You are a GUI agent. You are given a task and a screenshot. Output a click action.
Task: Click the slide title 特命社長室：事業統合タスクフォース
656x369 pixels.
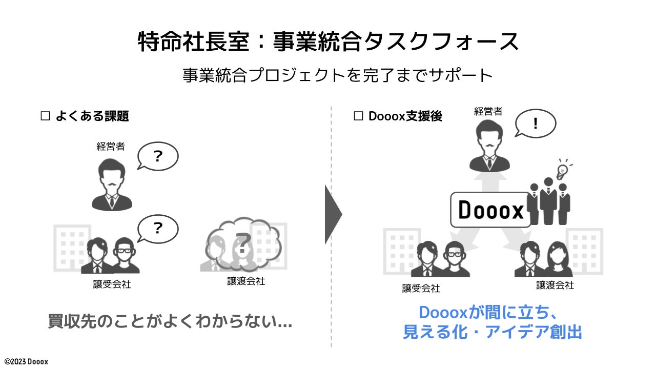point(328,42)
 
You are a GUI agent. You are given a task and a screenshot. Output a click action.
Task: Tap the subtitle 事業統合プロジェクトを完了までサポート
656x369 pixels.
point(337,76)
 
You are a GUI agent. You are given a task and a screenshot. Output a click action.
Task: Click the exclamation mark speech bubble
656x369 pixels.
point(535,124)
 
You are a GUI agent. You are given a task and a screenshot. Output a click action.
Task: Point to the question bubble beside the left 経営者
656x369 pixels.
point(157,156)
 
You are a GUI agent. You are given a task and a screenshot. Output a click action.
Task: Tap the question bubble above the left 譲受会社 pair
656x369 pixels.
point(157,229)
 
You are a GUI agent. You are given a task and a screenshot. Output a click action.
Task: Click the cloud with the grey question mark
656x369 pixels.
point(243,245)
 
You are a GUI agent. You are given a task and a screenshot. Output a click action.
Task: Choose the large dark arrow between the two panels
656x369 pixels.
point(333,214)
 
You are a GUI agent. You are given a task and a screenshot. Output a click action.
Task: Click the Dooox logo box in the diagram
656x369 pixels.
point(490,210)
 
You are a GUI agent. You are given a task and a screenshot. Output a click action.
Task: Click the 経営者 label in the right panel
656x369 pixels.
point(488,111)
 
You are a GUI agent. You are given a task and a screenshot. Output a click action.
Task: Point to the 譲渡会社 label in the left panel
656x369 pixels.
point(246,281)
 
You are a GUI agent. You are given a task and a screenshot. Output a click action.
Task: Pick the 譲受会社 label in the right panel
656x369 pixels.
point(421,288)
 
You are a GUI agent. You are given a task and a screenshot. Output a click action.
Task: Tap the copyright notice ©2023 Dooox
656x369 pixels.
point(26,361)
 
